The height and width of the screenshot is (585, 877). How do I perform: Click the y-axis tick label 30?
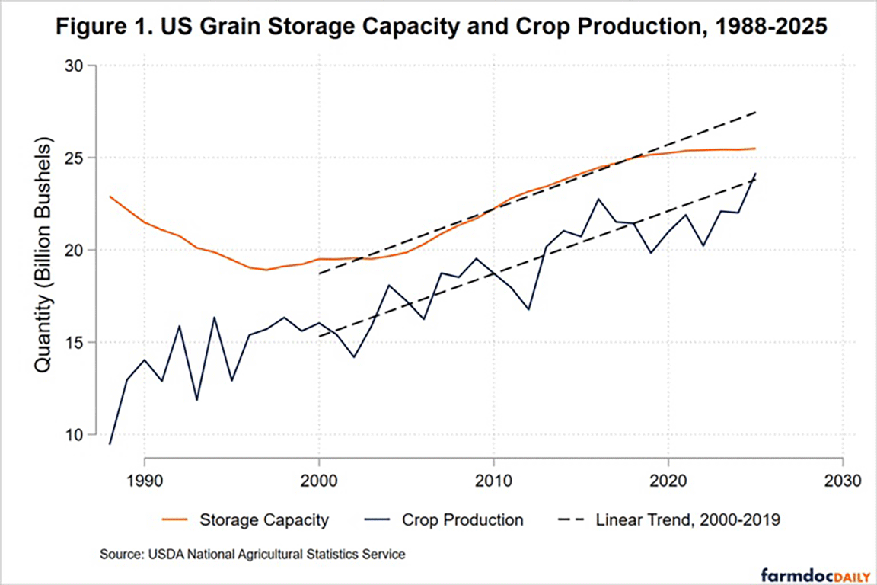pyautogui.click(x=76, y=66)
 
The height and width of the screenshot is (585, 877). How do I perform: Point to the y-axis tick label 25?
pyautogui.click(x=76, y=158)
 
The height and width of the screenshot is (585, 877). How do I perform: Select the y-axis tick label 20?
pyautogui.click(x=76, y=250)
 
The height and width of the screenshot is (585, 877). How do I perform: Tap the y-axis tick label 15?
pyautogui.click(x=76, y=342)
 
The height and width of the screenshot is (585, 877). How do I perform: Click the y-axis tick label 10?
pyautogui.click(x=76, y=434)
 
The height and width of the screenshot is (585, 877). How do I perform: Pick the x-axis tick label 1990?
pyautogui.click(x=144, y=483)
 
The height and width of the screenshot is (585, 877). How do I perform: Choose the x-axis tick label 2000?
pyautogui.click(x=319, y=483)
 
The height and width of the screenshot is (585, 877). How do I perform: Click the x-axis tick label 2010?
pyautogui.click(x=493, y=483)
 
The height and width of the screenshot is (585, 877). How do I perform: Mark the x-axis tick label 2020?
pyautogui.click(x=668, y=483)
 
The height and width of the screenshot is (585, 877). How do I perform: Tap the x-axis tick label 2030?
pyautogui.click(x=842, y=483)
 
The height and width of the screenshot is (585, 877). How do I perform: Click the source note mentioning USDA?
pyautogui.click(x=252, y=555)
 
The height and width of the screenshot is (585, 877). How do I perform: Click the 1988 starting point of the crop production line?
pyautogui.click(x=110, y=443)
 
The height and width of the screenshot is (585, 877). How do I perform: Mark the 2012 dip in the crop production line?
pyautogui.click(x=528, y=309)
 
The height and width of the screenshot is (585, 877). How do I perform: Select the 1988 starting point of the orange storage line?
pyautogui.click(x=110, y=197)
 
